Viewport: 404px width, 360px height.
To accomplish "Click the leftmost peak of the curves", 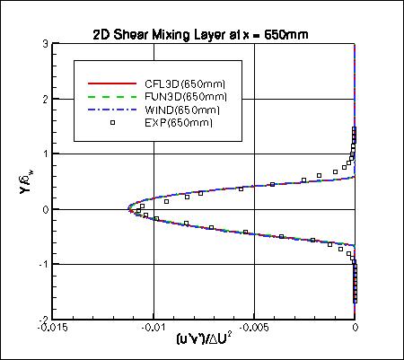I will pyautogui.click(x=129, y=210).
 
